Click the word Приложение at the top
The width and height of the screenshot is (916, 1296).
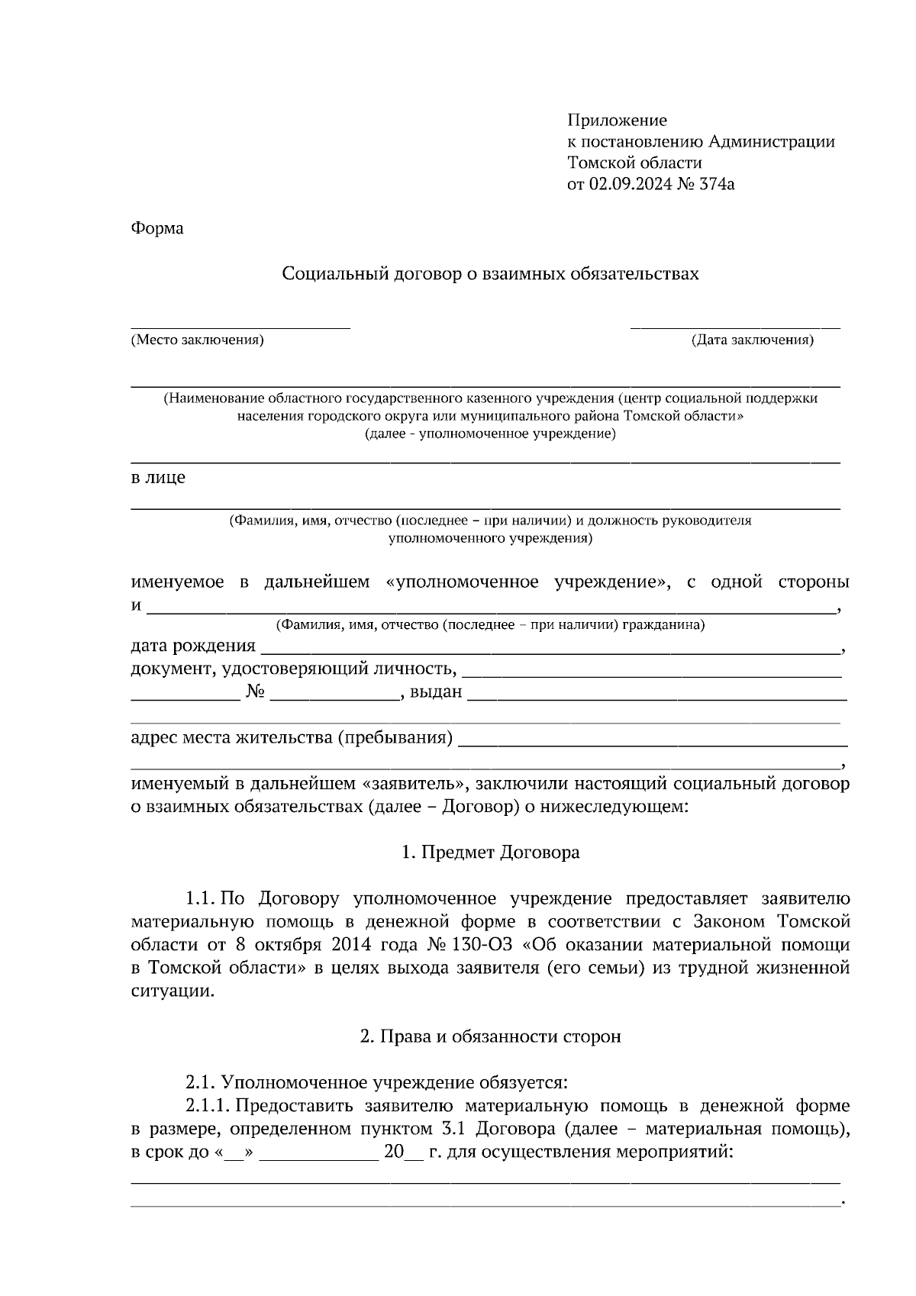(617, 120)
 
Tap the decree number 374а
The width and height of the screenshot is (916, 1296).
(716, 184)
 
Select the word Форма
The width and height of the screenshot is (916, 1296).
(157, 228)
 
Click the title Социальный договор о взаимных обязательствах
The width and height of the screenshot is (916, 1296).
(490, 273)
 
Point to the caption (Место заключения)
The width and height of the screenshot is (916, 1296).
(197, 340)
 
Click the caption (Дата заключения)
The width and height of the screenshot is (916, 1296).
(752, 340)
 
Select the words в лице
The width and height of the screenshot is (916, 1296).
(158, 479)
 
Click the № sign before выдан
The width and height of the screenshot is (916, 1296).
(256, 692)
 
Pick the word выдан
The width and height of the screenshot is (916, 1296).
(436, 692)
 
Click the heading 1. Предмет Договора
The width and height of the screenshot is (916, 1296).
(490, 852)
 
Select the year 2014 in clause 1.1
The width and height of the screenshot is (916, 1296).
(351, 945)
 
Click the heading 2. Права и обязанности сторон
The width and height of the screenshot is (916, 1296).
(490, 1036)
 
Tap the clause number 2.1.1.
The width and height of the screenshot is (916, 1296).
(207, 1106)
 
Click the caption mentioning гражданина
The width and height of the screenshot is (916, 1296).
(490, 626)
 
